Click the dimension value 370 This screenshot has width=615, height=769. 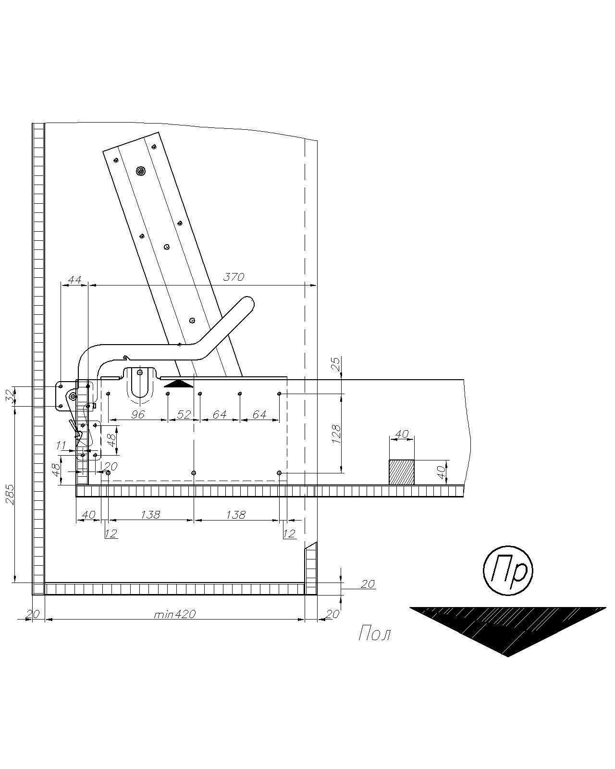coord(234,276)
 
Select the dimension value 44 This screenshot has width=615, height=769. coord(74,279)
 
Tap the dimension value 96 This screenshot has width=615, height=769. coord(138,414)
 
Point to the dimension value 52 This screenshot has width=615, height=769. coord(184,414)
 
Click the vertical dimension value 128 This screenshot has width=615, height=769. coord(336,434)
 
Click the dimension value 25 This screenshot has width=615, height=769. coord(336,364)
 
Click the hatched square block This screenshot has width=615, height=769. coord(402,472)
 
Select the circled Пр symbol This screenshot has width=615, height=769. coord(508,571)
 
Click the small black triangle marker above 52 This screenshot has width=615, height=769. coord(179,384)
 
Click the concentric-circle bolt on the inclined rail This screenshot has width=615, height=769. coord(141,172)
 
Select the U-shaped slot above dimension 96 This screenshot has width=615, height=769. coord(140,382)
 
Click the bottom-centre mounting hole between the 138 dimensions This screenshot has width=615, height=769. coord(194,473)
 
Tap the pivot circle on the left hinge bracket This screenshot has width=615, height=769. coord(73,396)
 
